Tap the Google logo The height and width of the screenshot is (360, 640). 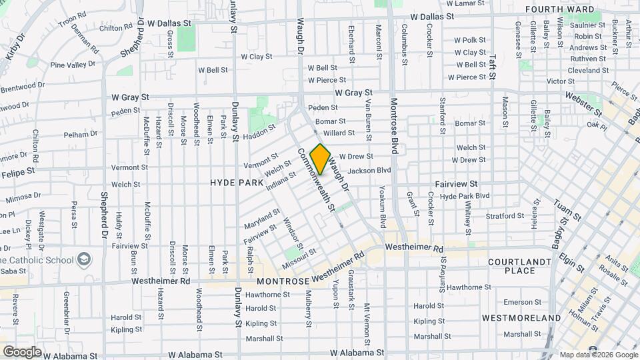coord(22,351)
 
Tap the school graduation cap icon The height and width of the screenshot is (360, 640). coord(85,258)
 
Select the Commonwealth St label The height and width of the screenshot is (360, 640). coord(315,180)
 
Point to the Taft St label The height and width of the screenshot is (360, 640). coord(493,67)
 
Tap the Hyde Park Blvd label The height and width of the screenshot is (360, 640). coord(465,196)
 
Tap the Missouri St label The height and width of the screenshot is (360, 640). coord(299,255)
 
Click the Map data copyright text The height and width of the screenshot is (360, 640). coord(598,355)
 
